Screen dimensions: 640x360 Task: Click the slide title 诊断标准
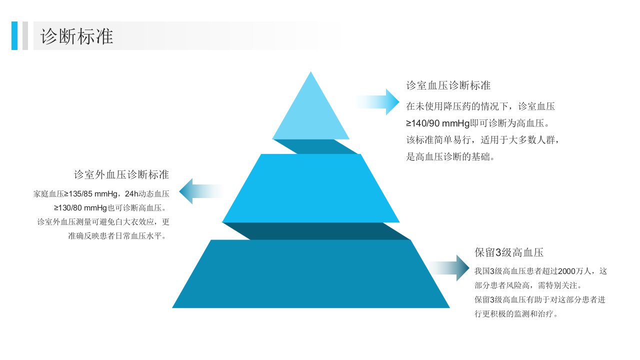77,36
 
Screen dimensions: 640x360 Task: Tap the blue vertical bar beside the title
14,35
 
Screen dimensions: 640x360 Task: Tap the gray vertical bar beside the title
25,35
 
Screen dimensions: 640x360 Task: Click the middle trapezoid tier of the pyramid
311,188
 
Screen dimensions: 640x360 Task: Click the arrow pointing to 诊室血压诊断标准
377,102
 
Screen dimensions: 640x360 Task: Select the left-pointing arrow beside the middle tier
201,191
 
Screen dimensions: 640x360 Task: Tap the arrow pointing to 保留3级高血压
448,268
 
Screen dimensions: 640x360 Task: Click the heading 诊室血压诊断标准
448,85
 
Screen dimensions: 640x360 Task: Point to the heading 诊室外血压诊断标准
121,174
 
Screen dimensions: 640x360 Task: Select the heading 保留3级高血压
509,252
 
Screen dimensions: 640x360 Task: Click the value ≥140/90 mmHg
438,123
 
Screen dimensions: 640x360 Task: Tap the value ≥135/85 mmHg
90,194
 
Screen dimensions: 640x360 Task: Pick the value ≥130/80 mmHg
80,207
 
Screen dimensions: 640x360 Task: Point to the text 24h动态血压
147,194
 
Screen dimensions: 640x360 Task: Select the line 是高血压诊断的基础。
450,156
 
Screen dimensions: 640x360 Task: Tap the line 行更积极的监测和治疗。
516,314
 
